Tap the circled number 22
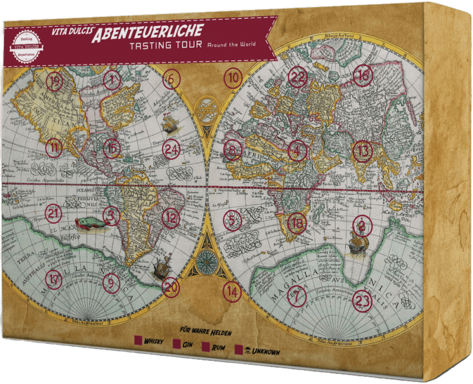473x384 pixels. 299,76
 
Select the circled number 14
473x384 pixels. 233,291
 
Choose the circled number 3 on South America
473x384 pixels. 111,216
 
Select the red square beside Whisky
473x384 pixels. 138,340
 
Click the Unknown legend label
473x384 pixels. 264,352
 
